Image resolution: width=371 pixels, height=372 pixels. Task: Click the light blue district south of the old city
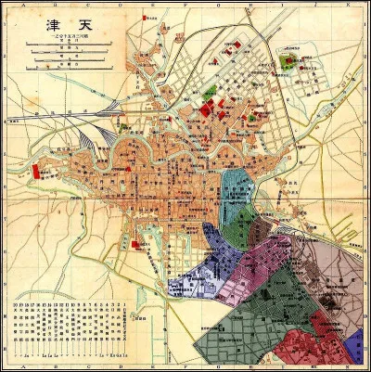(238, 195)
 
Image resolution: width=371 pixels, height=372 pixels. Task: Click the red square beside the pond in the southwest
(136, 244)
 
